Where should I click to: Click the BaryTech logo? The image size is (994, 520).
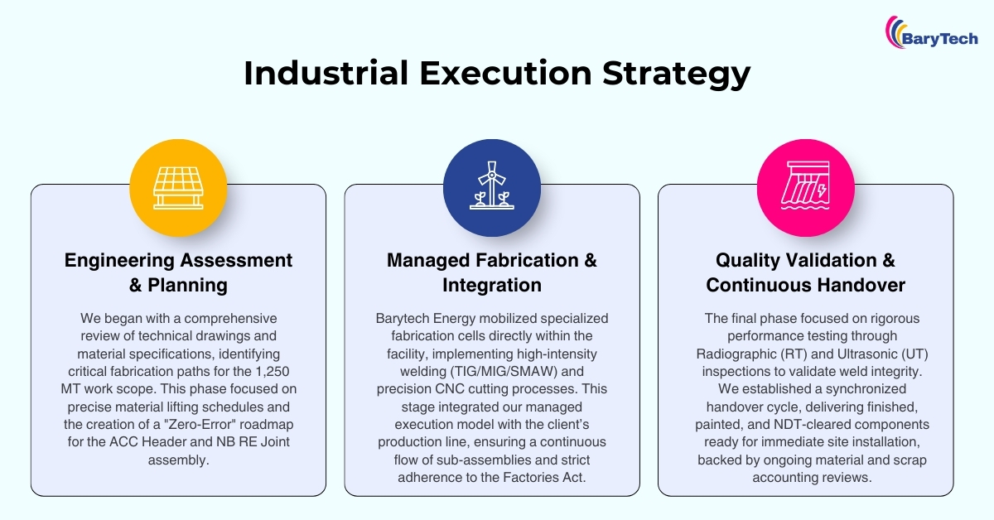[x=931, y=32]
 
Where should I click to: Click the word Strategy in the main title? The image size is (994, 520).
[x=676, y=74]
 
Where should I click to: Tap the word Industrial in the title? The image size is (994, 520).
[x=326, y=73]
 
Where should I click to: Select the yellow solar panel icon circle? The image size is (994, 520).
[x=178, y=188]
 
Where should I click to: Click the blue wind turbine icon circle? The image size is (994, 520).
[x=492, y=188]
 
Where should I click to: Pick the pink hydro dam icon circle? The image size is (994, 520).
[x=805, y=188]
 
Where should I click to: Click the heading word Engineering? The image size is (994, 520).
[x=119, y=261]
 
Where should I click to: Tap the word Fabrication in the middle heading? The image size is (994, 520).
[x=527, y=260]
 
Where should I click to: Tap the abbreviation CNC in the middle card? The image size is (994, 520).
[x=449, y=389]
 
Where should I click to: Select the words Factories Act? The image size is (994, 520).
[x=544, y=478]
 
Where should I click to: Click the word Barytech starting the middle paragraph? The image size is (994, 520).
[x=403, y=319]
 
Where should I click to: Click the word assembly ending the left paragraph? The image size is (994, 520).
[x=178, y=460]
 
